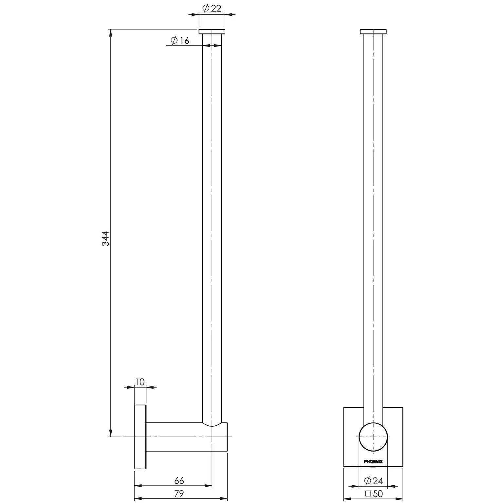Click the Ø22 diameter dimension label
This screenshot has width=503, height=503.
(x=212, y=9)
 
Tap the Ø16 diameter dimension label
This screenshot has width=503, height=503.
(x=180, y=41)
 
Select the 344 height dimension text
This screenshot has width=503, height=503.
(x=105, y=238)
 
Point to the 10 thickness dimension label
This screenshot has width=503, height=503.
(x=140, y=382)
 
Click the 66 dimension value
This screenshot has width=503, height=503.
(x=179, y=480)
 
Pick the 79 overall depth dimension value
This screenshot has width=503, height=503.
(x=179, y=494)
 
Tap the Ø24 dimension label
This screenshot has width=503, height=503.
(x=373, y=481)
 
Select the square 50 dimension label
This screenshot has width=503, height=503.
(x=374, y=494)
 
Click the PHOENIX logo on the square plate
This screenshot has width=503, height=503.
(x=373, y=462)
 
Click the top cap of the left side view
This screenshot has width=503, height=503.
(x=212, y=32)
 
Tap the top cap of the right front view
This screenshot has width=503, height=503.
(x=373, y=32)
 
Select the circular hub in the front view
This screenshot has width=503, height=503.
(x=373, y=437)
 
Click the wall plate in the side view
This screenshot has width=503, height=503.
(x=140, y=437)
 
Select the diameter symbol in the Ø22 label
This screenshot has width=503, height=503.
(x=205, y=9)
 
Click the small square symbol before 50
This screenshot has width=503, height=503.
(x=368, y=494)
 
